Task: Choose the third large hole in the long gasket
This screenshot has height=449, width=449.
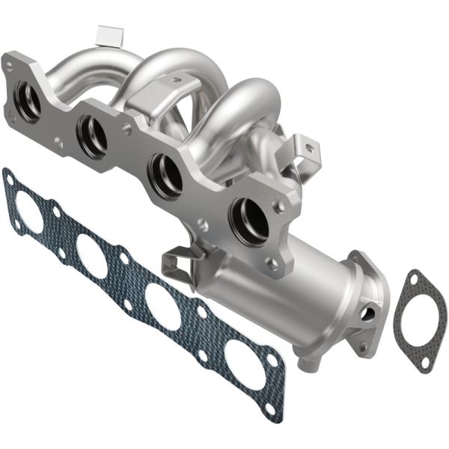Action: pyautogui.click(x=162, y=304)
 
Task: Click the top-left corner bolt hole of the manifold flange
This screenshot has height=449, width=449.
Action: pyautogui.click(x=9, y=66)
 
